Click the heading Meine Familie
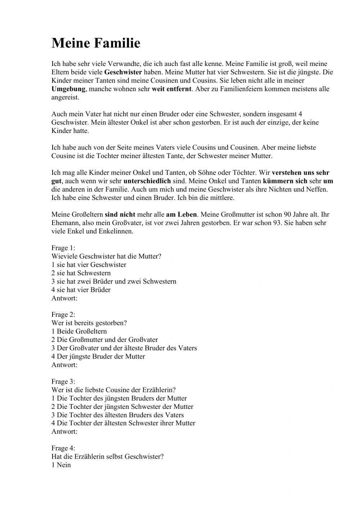[96, 43]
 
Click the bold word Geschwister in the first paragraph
[123, 72]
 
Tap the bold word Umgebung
[68, 89]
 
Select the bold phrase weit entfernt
[171, 89]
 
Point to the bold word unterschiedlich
[147, 181]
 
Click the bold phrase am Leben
[181, 214]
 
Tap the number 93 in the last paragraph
[277, 223]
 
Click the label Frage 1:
[63, 248]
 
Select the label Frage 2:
[63, 314]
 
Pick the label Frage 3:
[63, 381]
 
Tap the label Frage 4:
[63, 448]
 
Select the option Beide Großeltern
[79, 331]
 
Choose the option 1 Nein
[61, 465]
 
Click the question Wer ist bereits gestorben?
[89, 323]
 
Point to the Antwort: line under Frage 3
[64, 431]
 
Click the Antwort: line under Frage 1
[64, 298]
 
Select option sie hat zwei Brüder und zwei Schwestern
[114, 281]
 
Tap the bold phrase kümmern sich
[285, 181]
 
